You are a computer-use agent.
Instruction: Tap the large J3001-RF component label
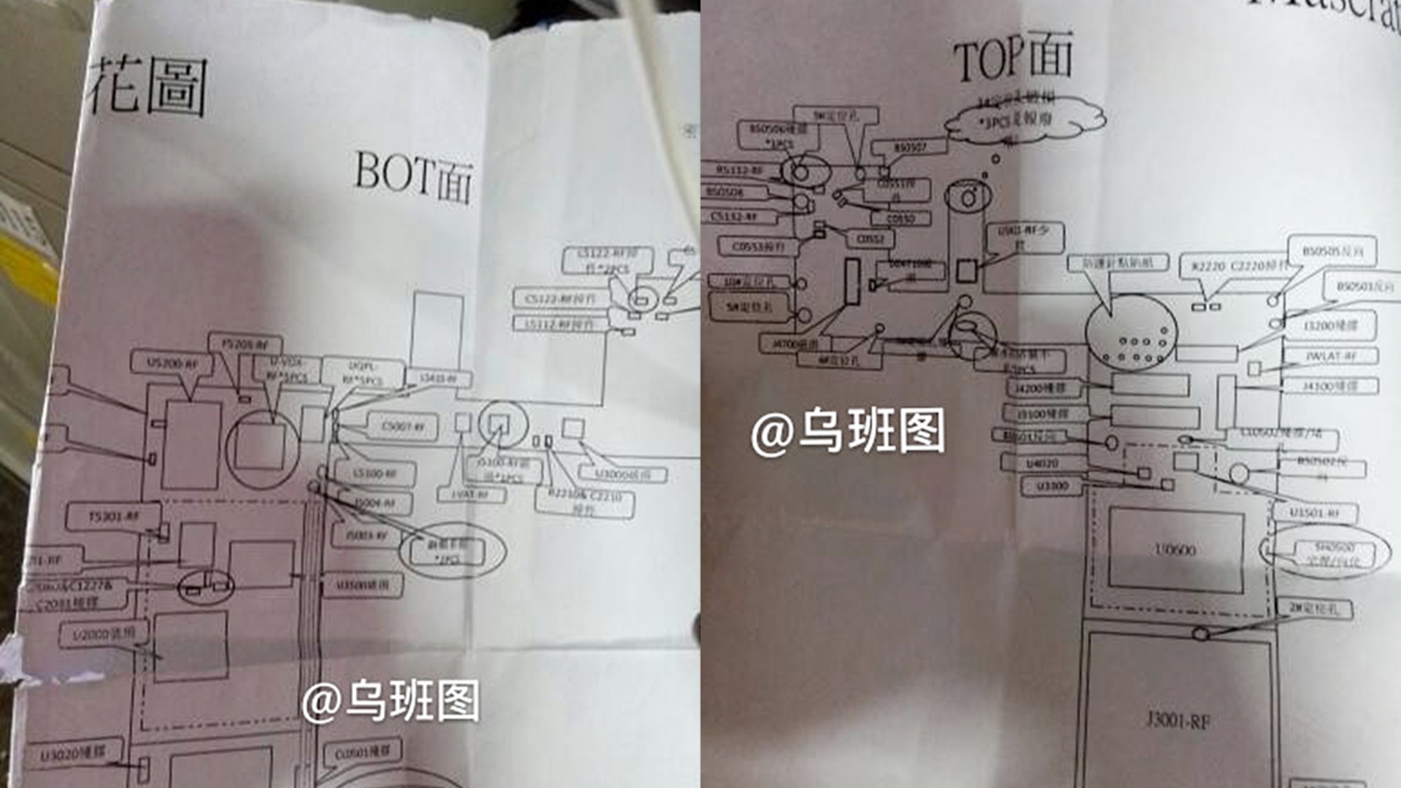1177,721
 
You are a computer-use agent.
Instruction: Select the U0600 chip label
1175,550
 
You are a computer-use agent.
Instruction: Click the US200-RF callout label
172,363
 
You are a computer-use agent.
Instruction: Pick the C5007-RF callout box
402,426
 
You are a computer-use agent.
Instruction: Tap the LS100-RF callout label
374,474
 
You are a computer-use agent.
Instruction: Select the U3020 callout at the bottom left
72,754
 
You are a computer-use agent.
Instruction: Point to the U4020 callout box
1041,463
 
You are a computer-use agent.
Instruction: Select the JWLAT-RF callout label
1331,357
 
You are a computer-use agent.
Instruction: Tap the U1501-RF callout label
1314,513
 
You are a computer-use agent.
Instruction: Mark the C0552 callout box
870,239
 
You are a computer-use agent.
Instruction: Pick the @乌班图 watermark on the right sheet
848,432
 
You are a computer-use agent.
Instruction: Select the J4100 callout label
1330,385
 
